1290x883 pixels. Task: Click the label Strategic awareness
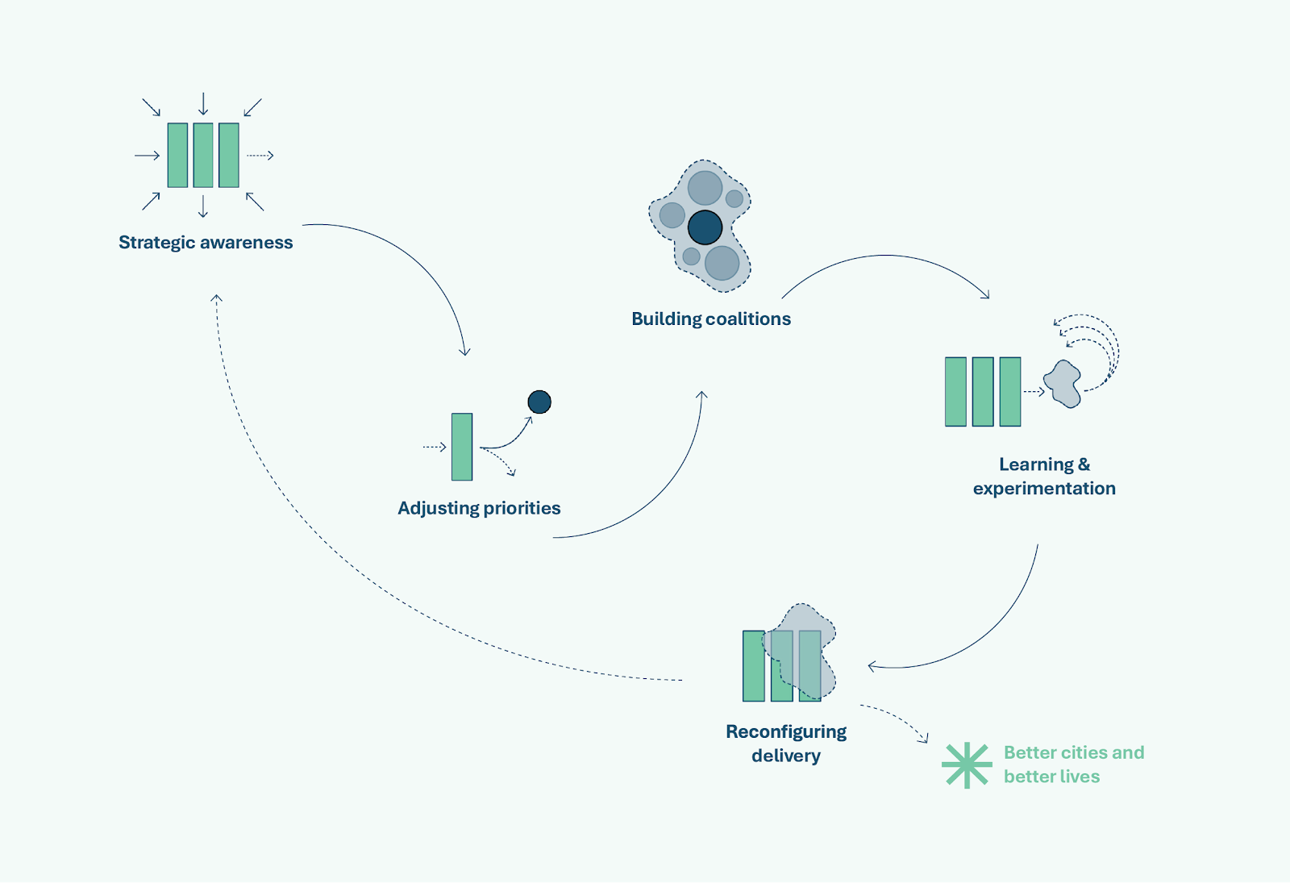coord(206,243)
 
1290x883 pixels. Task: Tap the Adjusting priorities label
coord(479,508)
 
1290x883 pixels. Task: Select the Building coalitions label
coord(711,319)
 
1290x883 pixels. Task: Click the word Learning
coord(1036,464)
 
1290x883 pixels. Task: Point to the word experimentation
coord(1044,489)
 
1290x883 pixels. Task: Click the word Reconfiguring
coord(786,731)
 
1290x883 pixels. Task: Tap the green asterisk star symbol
coord(966,765)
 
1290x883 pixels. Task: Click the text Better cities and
coord(1074,752)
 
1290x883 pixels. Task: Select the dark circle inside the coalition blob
coord(705,227)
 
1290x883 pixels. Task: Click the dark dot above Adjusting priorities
coord(539,402)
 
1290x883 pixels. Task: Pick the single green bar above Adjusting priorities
coord(462,447)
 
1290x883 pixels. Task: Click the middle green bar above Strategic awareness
coord(203,155)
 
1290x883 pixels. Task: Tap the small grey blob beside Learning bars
coord(1063,384)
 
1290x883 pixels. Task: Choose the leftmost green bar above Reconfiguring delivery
coord(754,666)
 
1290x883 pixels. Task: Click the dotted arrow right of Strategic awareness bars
coord(260,156)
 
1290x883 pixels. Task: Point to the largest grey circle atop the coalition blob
coord(705,188)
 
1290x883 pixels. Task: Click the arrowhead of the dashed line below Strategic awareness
coord(216,298)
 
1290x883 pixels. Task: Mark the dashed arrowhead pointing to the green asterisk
coord(925,739)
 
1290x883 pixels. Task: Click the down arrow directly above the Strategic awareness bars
coord(203,104)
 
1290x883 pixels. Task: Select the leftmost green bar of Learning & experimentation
coord(955,392)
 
